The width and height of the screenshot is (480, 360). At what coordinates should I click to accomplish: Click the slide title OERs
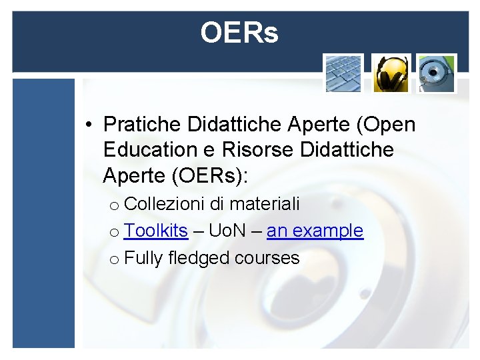(x=239, y=33)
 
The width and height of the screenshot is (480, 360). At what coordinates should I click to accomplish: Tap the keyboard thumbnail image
(x=343, y=73)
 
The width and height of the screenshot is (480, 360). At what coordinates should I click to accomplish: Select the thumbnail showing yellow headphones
(x=390, y=73)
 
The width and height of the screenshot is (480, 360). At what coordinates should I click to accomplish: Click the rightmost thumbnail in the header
(x=437, y=73)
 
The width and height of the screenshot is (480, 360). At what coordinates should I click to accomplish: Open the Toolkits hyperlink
(x=156, y=231)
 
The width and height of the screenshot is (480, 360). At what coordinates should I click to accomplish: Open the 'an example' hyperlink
(x=315, y=231)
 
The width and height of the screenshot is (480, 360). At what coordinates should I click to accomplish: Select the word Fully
(x=143, y=258)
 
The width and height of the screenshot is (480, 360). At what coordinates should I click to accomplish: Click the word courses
(x=267, y=258)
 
